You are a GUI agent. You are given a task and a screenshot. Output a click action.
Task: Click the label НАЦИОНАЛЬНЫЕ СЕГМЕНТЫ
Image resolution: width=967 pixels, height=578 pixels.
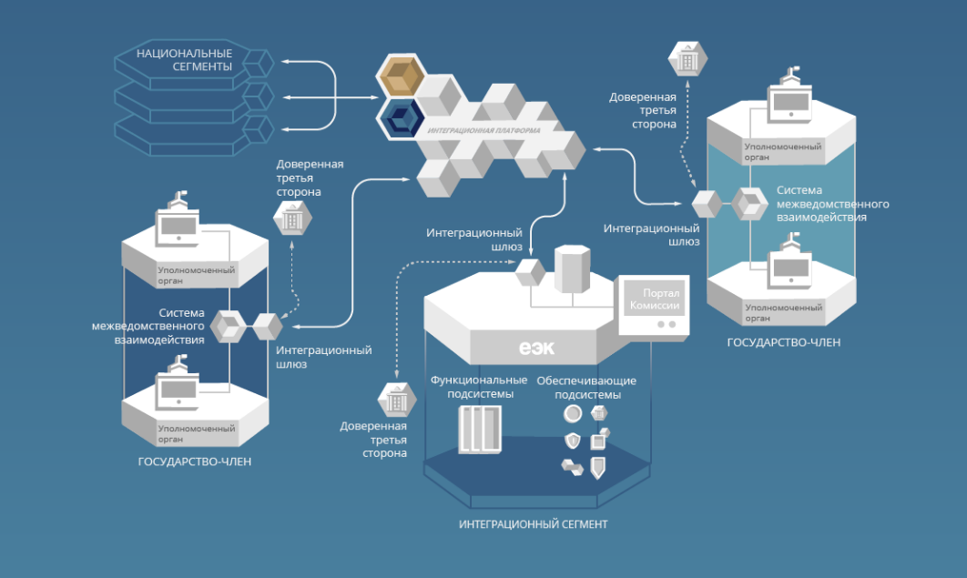pos(184,60)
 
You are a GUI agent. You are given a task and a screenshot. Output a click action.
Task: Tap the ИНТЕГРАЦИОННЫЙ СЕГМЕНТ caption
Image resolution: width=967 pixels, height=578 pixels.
pos(533,524)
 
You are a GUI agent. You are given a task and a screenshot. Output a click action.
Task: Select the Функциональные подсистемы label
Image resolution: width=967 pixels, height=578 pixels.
pos(478,387)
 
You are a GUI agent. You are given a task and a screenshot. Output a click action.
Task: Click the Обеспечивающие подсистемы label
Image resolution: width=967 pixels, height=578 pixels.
pos(586,387)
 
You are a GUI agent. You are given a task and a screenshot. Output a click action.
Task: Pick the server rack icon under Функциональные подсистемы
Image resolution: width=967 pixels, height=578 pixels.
pos(480,430)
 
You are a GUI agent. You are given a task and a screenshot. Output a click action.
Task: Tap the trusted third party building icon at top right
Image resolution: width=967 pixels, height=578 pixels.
pos(686,59)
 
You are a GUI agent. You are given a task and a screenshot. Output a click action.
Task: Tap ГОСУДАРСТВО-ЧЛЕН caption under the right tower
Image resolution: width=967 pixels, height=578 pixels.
pos(783,342)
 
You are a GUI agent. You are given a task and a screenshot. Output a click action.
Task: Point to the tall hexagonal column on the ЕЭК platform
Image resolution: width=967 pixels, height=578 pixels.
pos(573,269)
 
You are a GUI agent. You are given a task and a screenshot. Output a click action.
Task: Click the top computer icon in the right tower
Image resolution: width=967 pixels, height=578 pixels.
pos(789,100)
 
